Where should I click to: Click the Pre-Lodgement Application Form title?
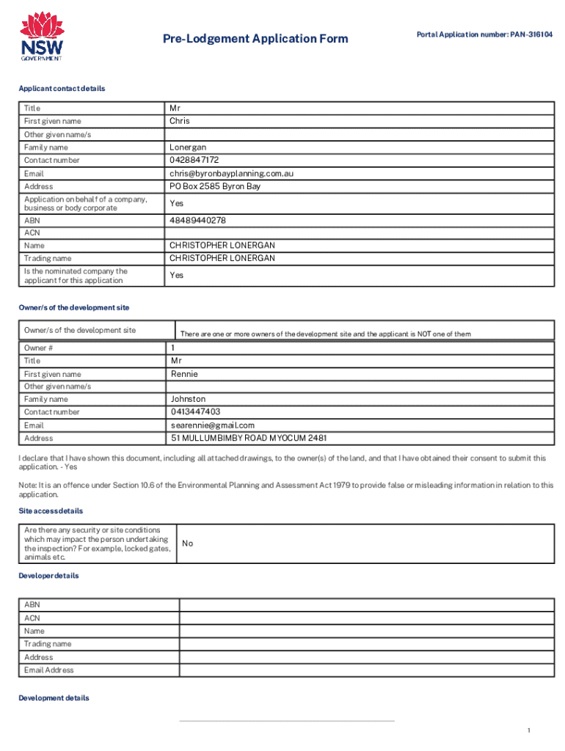click(255, 38)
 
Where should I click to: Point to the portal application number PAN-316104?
click(484, 34)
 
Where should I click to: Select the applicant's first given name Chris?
click(180, 121)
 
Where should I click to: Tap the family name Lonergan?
click(187, 147)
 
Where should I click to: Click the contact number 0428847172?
click(194, 160)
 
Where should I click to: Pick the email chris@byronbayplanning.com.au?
click(232, 174)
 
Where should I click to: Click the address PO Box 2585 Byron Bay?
click(215, 186)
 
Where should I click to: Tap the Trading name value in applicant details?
click(222, 258)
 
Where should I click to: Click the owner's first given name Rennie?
click(184, 374)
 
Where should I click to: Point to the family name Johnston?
click(189, 399)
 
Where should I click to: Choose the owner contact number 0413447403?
click(195, 411)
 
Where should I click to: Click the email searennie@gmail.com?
click(213, 425)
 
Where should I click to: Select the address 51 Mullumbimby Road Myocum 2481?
click(249, 438)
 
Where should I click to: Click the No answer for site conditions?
click(188, 543)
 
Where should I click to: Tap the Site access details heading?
click(51, 510)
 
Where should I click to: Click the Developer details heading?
click(48, 576)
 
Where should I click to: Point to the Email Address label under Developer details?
click(49, 670)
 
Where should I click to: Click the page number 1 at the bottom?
click(528, 730)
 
